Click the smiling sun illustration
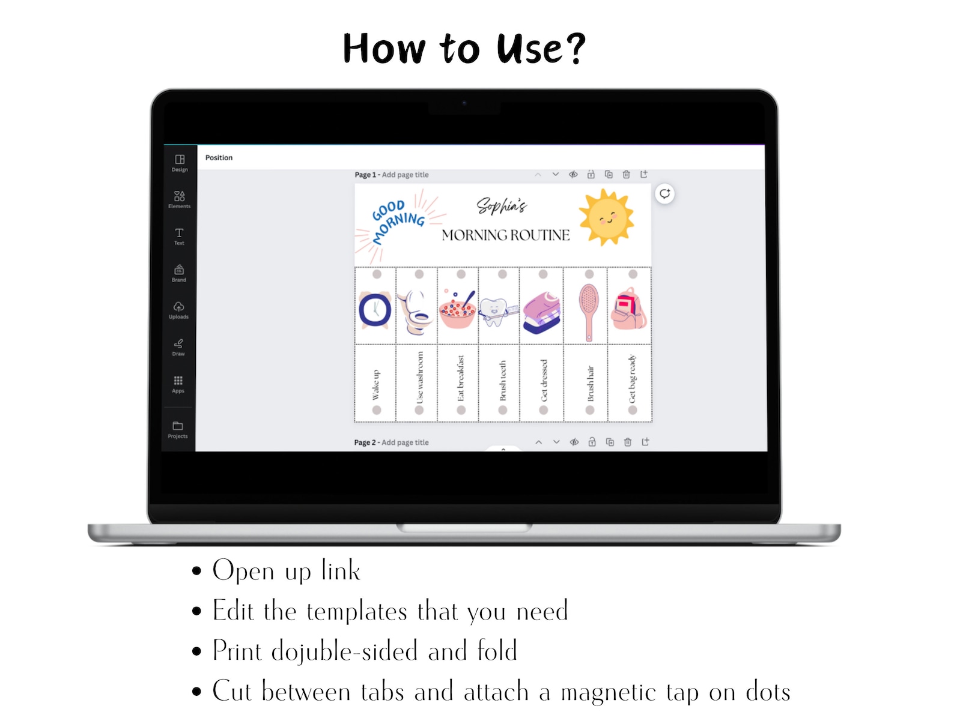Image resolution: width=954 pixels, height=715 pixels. point(606,217)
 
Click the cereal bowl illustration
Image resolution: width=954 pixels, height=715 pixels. point(458,310)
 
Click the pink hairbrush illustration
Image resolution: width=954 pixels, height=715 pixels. point(588,312)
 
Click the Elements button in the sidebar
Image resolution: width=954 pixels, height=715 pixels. point(179,199)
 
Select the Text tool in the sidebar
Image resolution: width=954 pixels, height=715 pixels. point(179,236)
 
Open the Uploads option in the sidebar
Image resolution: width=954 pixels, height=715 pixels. point(178,310)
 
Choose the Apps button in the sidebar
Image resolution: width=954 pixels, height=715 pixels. point(178,384)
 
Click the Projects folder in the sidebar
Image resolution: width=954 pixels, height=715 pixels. point(178,429)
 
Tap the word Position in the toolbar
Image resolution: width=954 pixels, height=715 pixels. point(219,158)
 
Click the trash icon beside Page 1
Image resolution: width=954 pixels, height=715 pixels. point(626,175)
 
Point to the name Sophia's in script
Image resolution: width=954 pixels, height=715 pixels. point(502,206)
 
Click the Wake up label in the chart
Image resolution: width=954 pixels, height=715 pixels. point(375,385)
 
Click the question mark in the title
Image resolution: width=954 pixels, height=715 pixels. point(575,48)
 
